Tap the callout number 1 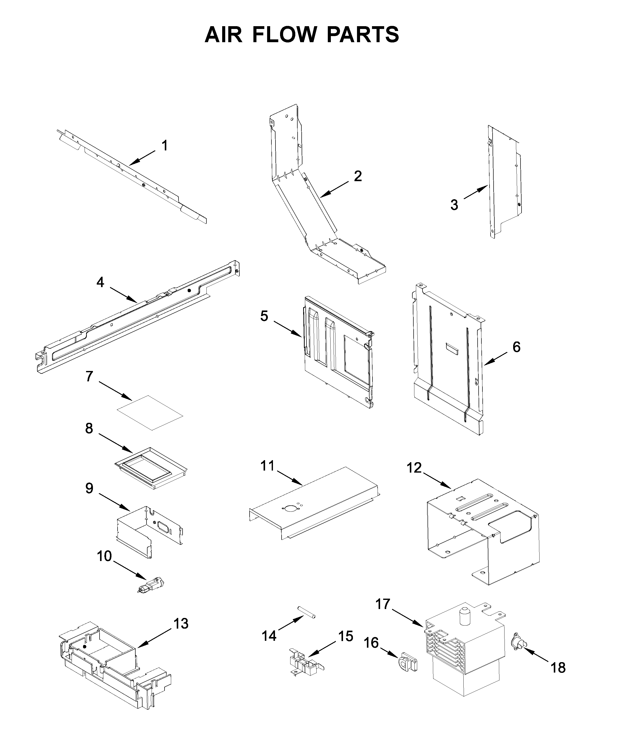tap(164, 146)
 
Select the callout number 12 tap(414, 468)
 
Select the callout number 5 tap(264, 316)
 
